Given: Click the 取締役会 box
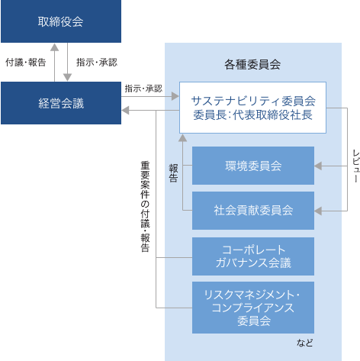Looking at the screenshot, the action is coord(61,21).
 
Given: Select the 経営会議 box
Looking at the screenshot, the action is coord(61,103).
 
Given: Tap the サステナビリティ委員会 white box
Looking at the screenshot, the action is coord(252,108).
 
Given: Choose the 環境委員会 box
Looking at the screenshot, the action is coord(253,166).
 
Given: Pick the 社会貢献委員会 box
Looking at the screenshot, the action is coord(253,211).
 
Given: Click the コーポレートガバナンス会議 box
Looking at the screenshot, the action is coord(253,256).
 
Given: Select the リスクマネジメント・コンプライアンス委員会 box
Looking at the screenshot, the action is coord(253,308).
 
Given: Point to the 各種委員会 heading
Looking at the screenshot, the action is coord(252,64).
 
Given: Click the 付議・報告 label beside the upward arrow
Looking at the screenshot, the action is coord(26,63).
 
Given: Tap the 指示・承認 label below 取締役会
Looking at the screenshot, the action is coord(97,63).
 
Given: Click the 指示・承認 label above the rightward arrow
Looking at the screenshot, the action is coord(143,89).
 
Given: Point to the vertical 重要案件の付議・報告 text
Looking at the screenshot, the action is coord(145,206).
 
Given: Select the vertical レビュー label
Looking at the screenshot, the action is coord(356,166).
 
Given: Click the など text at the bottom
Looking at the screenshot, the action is coord(304,343).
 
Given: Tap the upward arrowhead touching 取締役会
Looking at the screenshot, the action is coord(54,47).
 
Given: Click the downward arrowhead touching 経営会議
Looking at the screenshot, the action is coord(67,77).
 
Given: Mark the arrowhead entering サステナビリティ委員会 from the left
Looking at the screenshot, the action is coord(175,96).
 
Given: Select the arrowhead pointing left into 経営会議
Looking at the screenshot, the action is coord(125,111).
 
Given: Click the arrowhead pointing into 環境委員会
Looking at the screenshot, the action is coord(318,166).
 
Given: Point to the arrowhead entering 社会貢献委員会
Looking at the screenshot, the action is coord(318,211).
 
